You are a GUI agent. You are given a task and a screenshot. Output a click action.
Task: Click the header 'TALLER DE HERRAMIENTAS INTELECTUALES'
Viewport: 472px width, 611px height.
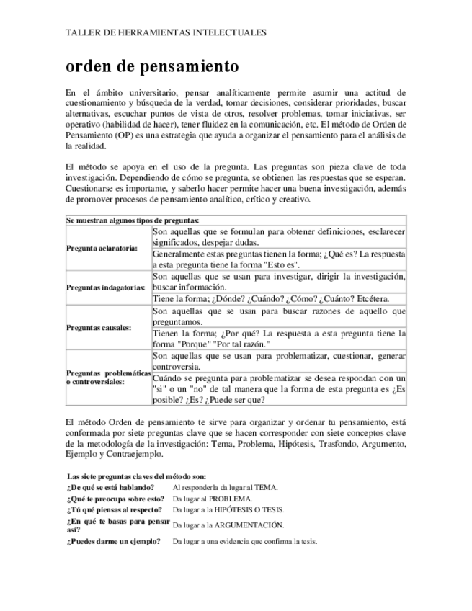166,32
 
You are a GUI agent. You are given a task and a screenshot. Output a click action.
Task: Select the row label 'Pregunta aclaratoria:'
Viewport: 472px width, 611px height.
102,248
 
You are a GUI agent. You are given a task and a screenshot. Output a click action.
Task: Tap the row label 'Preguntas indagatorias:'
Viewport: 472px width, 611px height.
106,287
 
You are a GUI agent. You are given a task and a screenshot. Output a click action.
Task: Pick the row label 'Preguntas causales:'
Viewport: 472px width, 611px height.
99,327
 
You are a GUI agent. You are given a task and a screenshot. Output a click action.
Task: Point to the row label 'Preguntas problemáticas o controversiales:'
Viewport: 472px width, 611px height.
108,377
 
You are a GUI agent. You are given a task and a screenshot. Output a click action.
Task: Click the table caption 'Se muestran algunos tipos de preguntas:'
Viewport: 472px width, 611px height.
133,220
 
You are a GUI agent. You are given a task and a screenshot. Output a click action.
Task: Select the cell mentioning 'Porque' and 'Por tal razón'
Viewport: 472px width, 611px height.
280,339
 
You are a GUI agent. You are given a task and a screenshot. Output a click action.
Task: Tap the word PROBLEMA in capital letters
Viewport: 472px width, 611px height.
231,499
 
